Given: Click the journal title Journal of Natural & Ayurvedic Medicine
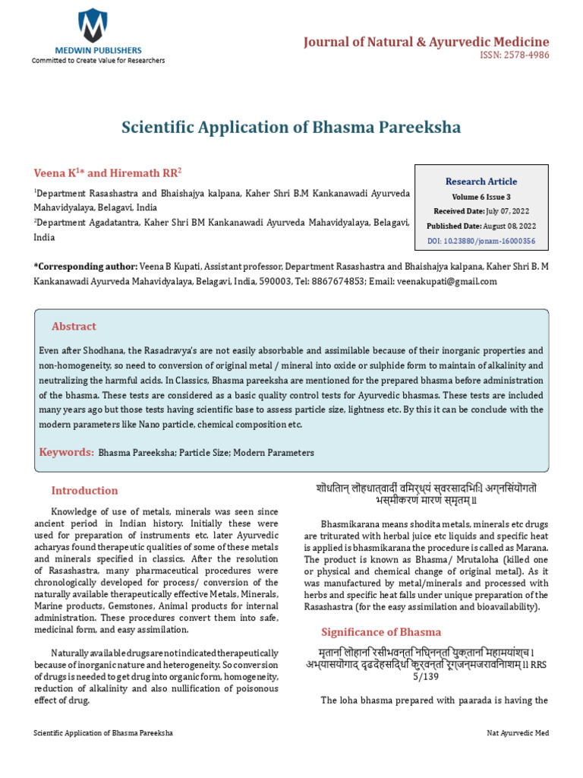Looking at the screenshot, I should [426, 42].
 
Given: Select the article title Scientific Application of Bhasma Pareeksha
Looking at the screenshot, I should [291, 127].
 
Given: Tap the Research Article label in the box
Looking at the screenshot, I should [481, 182].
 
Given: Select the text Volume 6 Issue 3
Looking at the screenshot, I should [481, 197].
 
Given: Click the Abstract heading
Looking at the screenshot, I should [74, 327].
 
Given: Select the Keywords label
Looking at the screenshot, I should [66, 452].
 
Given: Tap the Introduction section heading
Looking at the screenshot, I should [84, 491].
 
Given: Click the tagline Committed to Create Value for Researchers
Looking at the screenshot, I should [97, 61].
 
